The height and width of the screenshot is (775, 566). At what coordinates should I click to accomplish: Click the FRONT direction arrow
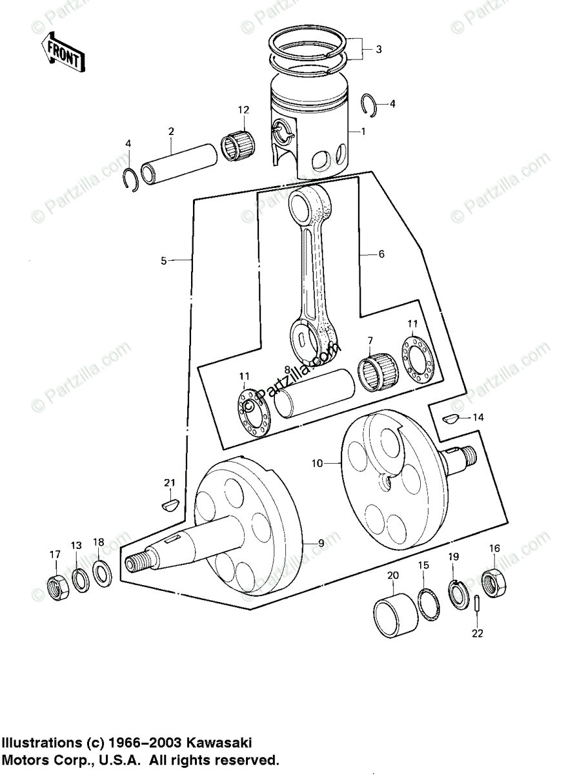(62, 53)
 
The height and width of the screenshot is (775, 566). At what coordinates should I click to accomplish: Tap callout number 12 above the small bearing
(242, 110)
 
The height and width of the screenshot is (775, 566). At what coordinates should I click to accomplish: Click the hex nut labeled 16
(494, 583)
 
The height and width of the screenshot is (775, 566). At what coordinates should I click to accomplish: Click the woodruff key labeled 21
(170, 503)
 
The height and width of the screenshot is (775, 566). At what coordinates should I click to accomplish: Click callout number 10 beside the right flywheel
(316, 463)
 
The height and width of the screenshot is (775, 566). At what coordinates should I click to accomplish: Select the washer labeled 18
(101, 572)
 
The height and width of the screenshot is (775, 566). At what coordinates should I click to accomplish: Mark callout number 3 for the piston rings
(379, 48)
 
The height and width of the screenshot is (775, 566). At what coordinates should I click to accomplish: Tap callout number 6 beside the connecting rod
(381, 254)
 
